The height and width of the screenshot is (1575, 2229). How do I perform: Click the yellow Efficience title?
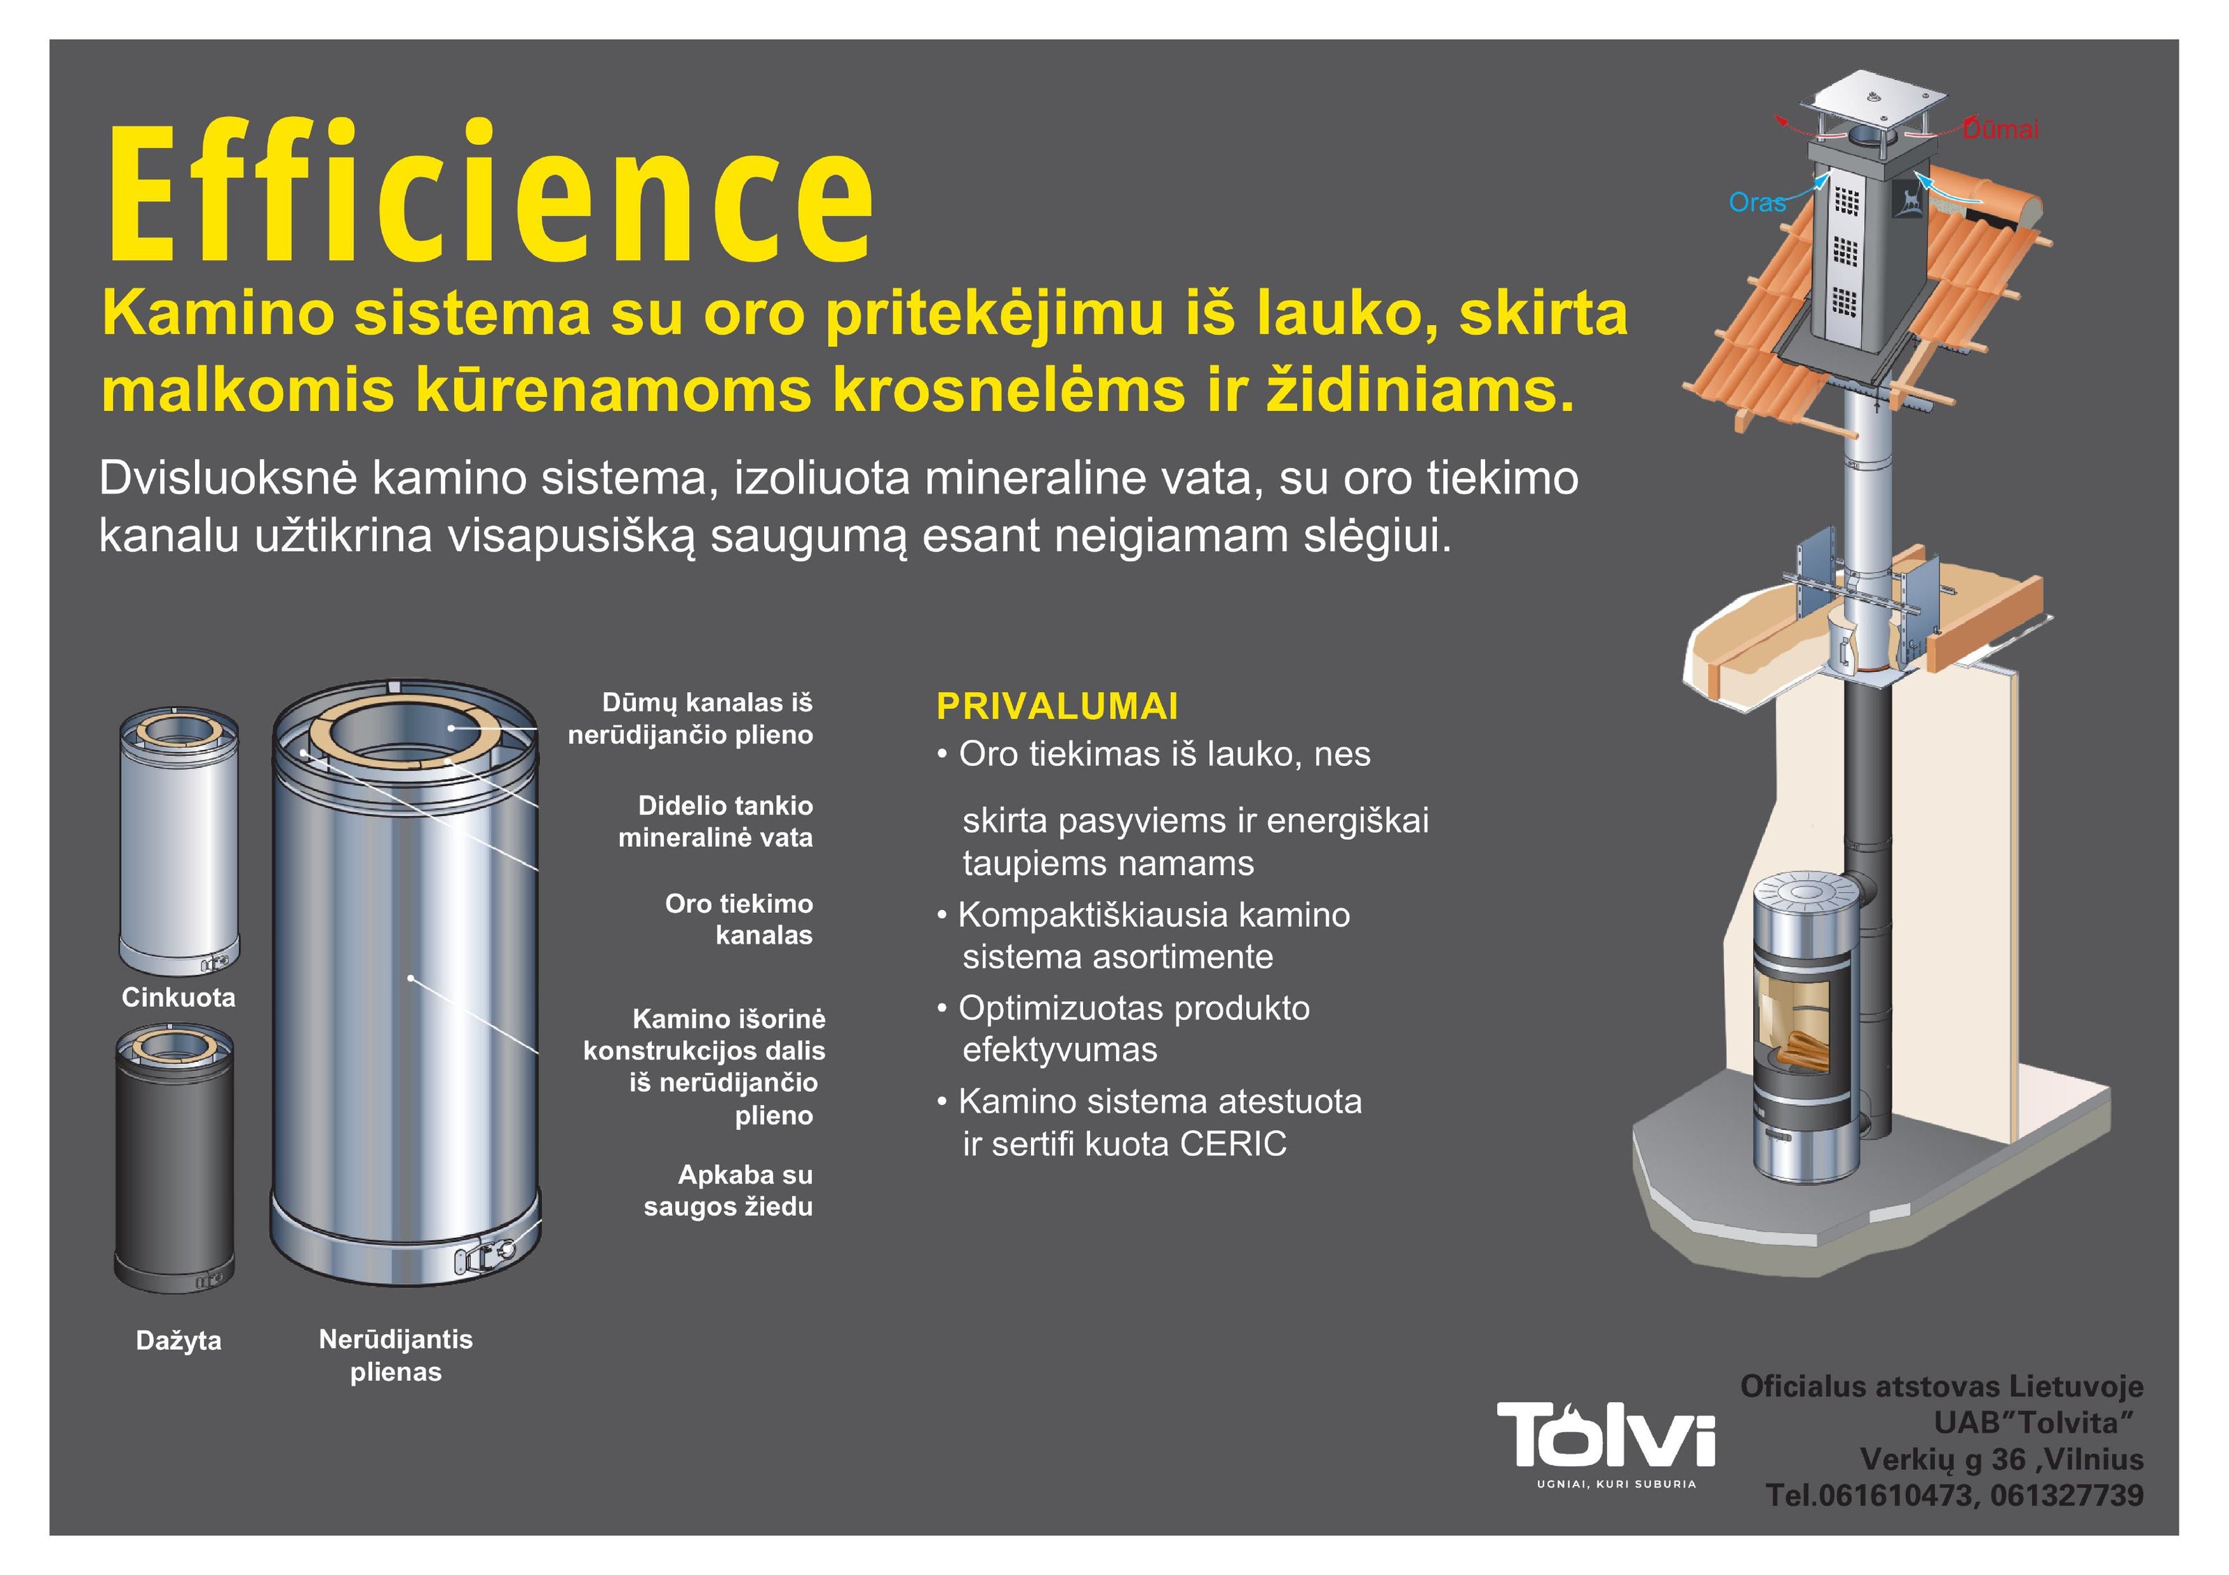coord(490,191)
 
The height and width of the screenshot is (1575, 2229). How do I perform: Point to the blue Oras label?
coord(1757,203)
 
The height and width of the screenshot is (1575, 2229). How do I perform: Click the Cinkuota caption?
coord(178,998)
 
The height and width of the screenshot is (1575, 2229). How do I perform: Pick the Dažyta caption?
coord(178,1341)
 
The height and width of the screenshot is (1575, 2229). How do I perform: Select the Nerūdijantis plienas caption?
coord(396,1356)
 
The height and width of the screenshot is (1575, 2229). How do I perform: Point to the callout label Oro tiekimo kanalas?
coord(739,919)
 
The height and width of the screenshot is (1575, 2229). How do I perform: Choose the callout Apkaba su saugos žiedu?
coord(728,1191)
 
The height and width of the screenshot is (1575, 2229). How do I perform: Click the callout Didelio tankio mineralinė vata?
coord(715,821)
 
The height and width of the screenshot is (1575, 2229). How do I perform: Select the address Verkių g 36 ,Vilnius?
coord(2002,1459)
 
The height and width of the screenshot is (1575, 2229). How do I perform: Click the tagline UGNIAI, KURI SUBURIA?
coord(1617,1484)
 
